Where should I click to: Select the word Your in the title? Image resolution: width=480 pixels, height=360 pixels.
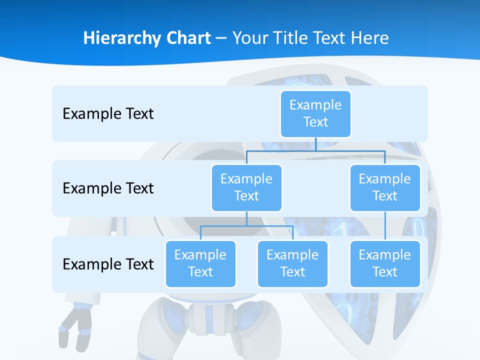click(250, 38)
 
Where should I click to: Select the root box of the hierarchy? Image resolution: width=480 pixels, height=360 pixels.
click(315, 113)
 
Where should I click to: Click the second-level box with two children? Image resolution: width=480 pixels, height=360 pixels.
click(246, 187)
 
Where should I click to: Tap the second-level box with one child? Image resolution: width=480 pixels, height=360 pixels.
click(385, 187)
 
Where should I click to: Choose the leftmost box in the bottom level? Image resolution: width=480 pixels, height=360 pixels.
click(200, 263)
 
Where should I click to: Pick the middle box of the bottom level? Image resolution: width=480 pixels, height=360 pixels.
click(292, 263)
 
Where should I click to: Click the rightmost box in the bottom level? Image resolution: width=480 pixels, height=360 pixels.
click(385, 263)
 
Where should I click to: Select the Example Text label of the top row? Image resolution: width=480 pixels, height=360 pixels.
click(108, 113)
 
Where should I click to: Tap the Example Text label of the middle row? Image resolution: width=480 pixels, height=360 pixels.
click(108, 188)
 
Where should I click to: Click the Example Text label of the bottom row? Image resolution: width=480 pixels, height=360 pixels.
click(108, 264)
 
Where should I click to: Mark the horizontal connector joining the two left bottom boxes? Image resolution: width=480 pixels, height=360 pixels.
click(270, 226)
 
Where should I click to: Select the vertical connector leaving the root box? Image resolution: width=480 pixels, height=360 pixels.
click(315, 144)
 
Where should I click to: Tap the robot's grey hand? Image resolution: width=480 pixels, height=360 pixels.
click(75, 327)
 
